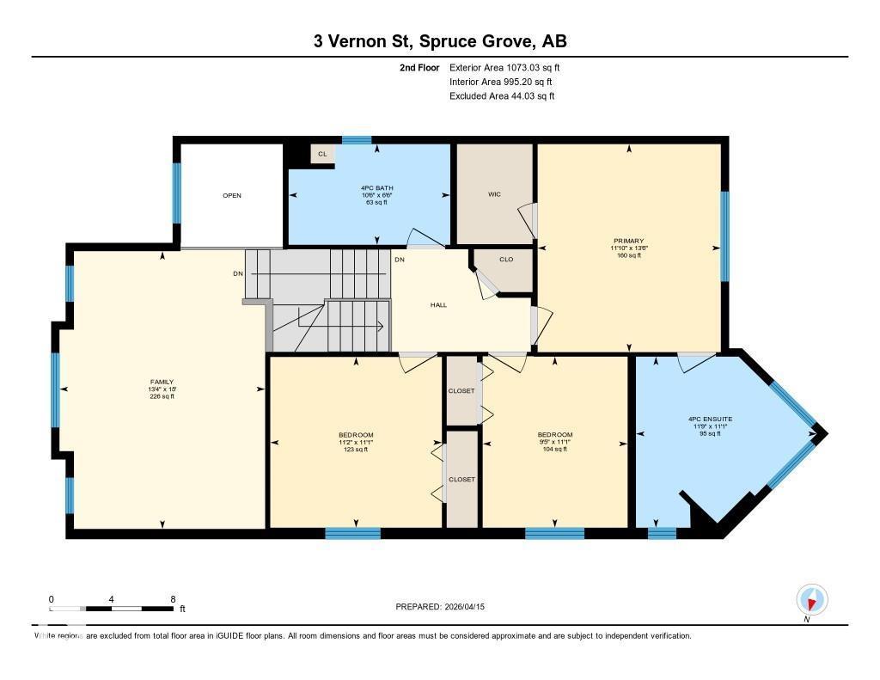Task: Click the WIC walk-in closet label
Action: tap(494, 194)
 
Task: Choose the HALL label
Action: tap(438, 304)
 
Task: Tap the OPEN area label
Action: tap(232, 195)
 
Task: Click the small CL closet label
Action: tap(322, 154)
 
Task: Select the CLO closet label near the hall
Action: tap(506, 259)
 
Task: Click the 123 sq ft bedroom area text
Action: tap(356, 450)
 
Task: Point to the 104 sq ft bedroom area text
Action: tap(555, 450)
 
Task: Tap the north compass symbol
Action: tap(811, 599)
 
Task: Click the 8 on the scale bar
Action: tap(173, 599)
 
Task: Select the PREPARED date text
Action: tap(446, 607)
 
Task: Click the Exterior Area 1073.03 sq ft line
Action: tap(504, 67)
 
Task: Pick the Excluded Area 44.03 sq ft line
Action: tap(502, 96)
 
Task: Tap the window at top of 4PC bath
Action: tap(356, 139)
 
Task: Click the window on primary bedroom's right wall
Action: tap(724, 236)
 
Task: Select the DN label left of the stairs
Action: tap(238, 274)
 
